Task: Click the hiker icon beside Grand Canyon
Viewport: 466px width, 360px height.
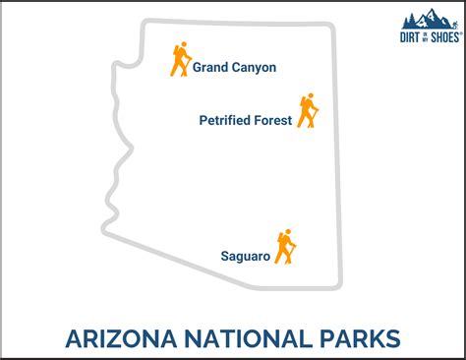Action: point(179,60)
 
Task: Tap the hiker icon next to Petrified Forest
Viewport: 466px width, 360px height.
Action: point(309,111)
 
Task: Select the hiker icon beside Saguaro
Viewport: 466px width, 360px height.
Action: point(285,247)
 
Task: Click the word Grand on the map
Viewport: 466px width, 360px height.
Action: point(210,68)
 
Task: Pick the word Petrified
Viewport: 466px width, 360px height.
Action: point(229,122)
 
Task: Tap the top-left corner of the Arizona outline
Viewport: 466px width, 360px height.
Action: point(144,22)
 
